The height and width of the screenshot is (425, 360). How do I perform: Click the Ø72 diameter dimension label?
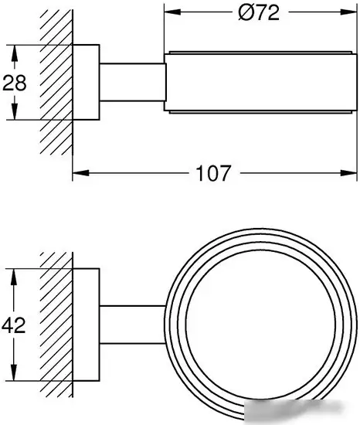[x=259, y=12]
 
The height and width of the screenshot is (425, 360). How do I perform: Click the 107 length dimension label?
[x=213, y=173]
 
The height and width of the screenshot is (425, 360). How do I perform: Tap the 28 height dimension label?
[x=15, y=83]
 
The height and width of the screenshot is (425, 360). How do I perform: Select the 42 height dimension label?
[x=14, y=325]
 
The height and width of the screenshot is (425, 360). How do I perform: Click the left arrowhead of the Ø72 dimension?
[x=172, y=12]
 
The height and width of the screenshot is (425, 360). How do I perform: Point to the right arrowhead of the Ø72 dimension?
[x=349, y=12]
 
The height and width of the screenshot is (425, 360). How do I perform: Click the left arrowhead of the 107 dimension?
[x=80, y=172]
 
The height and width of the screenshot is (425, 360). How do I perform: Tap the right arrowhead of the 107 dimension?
[x=349, y=172]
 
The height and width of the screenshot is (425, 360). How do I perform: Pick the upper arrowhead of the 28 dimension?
[x=15, y=53]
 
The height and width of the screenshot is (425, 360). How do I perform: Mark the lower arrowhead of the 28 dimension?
[x=15, y=111]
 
